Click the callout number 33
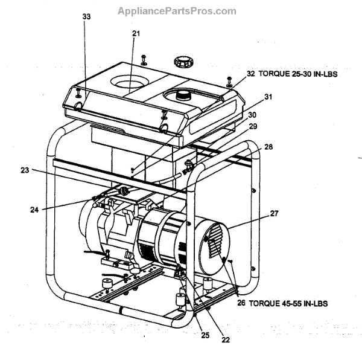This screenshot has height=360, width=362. pos(86,17)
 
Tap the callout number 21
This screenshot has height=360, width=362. pos(136,34)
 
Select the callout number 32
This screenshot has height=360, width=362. pos(251,73)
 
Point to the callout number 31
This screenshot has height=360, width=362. pos(268,97)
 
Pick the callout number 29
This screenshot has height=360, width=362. pos(253,126)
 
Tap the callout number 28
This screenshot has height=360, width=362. pos(268,147)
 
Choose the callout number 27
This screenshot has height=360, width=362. pos(274,213)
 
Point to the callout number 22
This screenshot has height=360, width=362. pos(226,339)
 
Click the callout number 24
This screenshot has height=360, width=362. pos(34,210)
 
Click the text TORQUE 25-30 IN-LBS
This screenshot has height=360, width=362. pos(297,73)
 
